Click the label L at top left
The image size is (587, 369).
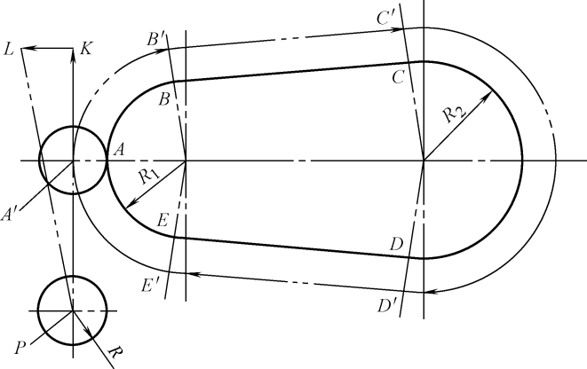point(8,50)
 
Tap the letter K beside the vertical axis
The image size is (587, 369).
point(85,49)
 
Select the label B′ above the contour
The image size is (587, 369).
point(156,40)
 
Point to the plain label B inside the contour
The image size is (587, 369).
point(163,99)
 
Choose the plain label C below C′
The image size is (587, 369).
point(399,78)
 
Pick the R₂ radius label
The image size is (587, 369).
point(454,113)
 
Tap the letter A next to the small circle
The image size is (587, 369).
point(115,152)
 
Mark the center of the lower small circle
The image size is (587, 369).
point(72,310)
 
